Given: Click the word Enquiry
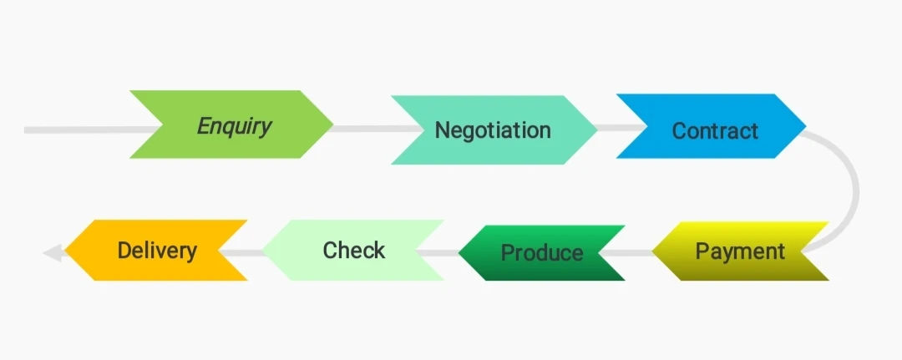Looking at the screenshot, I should pyautogui.click(x=235, y=126).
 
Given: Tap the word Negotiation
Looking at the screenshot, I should pyautogui.click(x=493, y=130).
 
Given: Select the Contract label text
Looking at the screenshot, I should pyautogui.click(x=715, y=130).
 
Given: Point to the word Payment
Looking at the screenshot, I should pyautogui.click(x=740, y=251).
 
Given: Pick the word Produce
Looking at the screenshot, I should pyautogui.click(x=542, y=252).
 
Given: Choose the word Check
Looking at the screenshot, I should pyautogui.click(x=354, y=250).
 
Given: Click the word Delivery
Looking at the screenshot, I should pyautogui.click(x=157, y=250).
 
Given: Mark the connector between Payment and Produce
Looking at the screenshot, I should pyautogui.click(x=640, y=251).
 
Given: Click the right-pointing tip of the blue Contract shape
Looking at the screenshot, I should pyautogui.click(x=804, y=127).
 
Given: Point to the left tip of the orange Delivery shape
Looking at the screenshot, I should pyautogui.click(x=67, y=251).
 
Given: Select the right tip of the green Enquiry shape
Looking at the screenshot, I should pyautogui.click(x=332, y=125).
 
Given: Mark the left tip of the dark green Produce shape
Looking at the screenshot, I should pyautogui.click(x=461, y=252).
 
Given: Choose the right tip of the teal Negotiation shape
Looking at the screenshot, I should pyautogui.click(x=595, y=129).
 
